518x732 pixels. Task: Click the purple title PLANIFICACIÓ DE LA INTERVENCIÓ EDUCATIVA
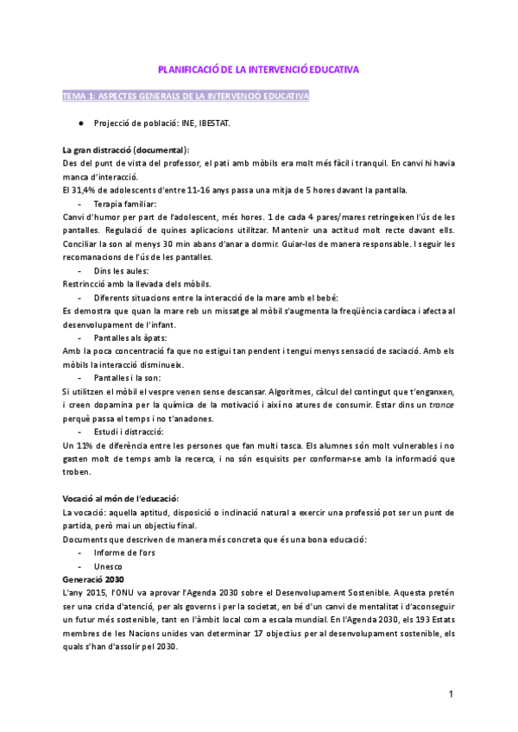pyautogui.click(x=258, y=68)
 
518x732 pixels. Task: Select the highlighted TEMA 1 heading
pyautogui.click(x=186, y=96)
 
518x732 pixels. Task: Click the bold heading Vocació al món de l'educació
pyautogui.click(x=121, y=499)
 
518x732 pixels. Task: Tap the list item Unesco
pyautogui.click(x=108, y=566)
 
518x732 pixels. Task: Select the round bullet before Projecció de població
pyautogui.click(x=80, y=123)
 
